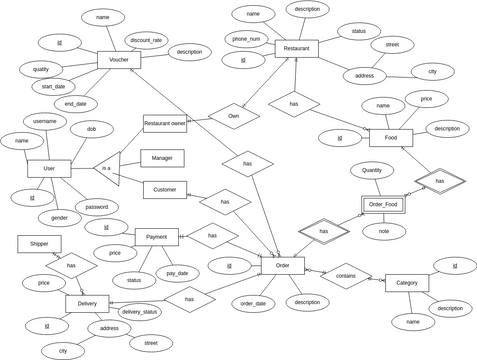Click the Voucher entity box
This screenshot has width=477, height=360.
pos(119,61)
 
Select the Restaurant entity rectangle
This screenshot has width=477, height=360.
pos(296,49)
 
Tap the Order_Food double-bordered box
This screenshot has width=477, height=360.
pos(383,204)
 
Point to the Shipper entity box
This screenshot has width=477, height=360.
pos(39,243)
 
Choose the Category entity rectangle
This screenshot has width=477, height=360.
pos(406,283)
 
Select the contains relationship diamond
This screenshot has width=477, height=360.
pos(345,276)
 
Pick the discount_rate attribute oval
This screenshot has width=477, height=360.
pos(146,41)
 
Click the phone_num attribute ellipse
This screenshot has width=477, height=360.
pos(246,39)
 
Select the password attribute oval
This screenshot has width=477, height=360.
pos(96,206)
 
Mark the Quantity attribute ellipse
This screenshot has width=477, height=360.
pos(371,170)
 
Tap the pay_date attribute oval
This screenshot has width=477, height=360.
pos(177,272)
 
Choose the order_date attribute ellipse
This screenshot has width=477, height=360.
pos(253,303)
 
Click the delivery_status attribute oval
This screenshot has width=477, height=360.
pos(139,311)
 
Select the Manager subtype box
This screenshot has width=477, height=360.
pos(162,158)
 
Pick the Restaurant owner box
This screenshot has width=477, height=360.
pos(165,123)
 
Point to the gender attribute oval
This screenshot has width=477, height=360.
pos(59,217)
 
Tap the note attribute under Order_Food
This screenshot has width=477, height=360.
pos(384,231)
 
